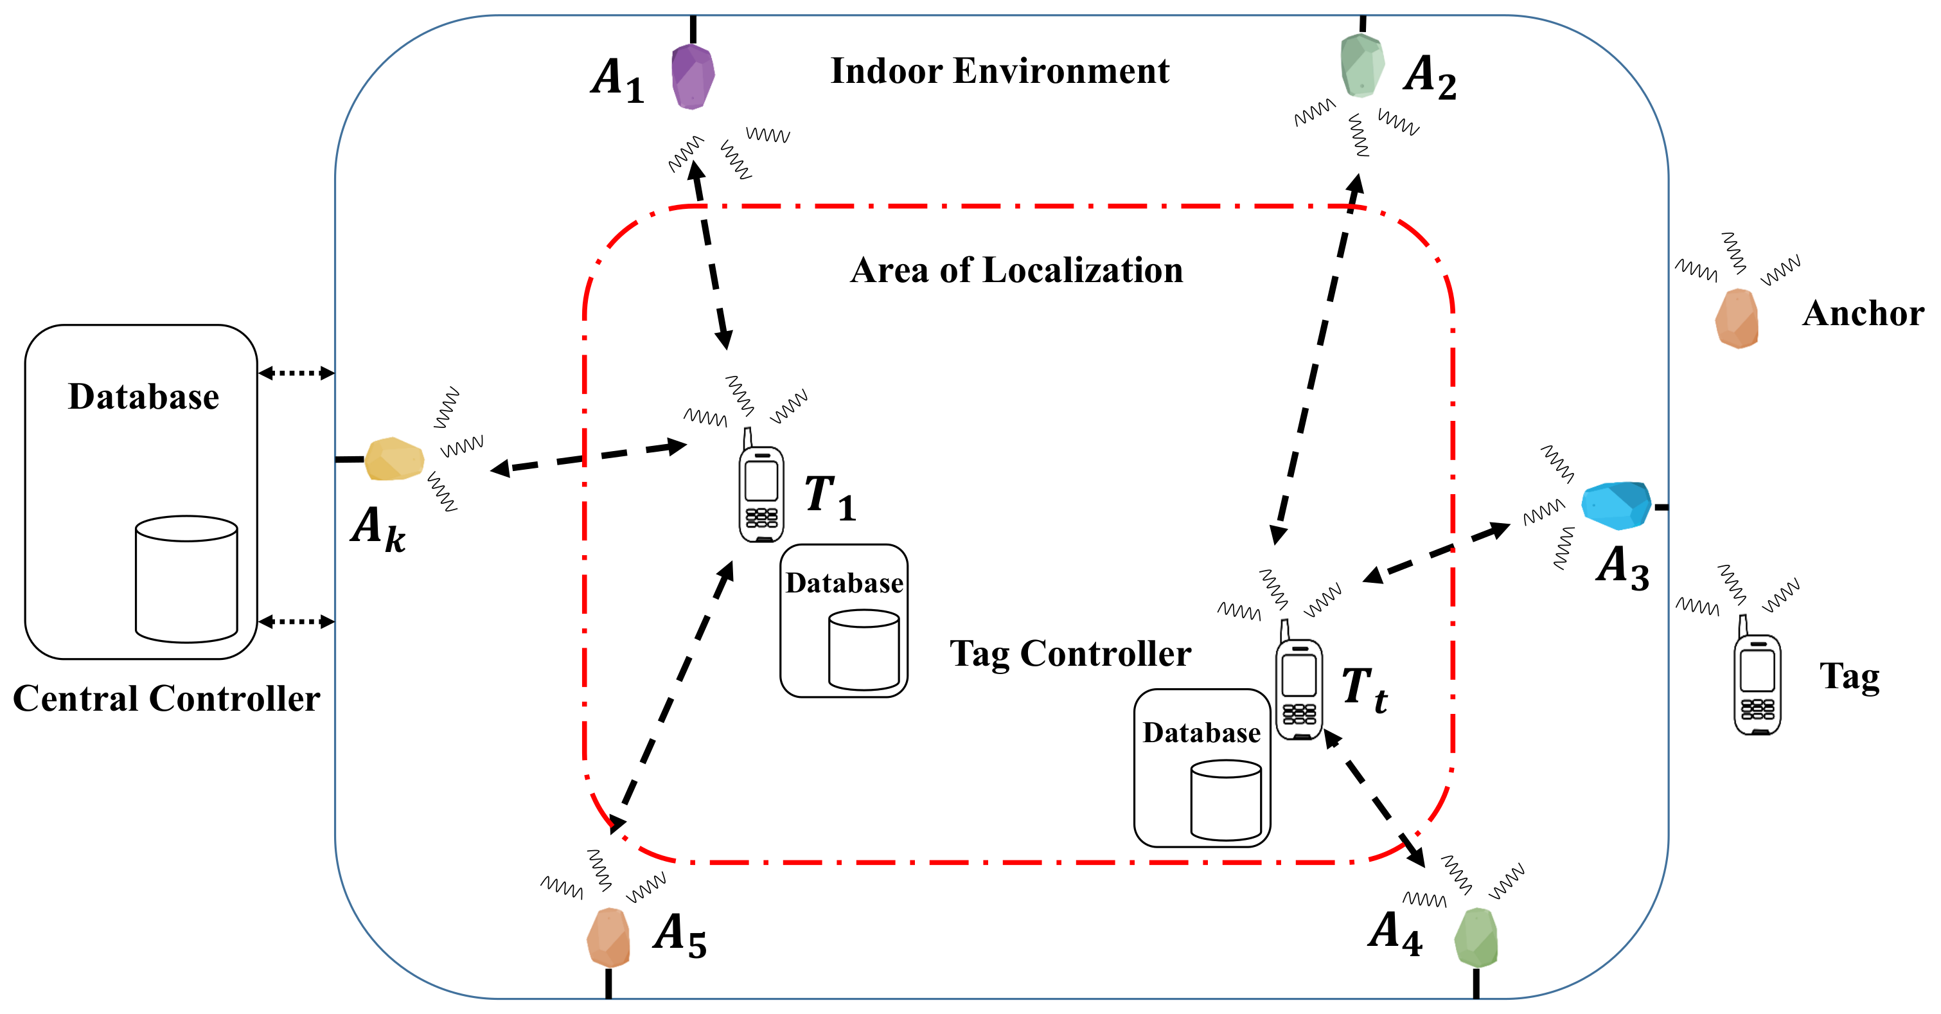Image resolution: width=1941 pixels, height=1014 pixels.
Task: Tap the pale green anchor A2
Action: pyautogui.click(x=1361, y=66)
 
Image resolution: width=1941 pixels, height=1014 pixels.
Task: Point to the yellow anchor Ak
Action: pyautogui.click(x=394, y=459)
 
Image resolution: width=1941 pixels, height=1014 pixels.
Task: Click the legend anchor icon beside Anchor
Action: pyautogui.click(x=1737, y=319)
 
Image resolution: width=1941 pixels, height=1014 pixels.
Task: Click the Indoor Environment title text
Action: pyautogui.click(x=999, y=71)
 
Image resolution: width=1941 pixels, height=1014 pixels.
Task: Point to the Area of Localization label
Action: pyautogui.click(x=1016, y=270)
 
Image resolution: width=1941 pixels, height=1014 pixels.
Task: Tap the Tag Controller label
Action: pyautogui.click(x=1070, y=653)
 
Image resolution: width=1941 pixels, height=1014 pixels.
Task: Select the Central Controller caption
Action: pyautogui.click(x=166, y=698)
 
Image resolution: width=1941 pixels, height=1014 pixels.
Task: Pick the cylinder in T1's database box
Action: pyautogui.click(x=864, y=650)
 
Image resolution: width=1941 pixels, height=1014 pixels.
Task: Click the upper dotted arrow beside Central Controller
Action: pyautogui.click(x=296, y=372)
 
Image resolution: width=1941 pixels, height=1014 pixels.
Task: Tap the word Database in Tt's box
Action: pyautogui.click(x=1201, y=733)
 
